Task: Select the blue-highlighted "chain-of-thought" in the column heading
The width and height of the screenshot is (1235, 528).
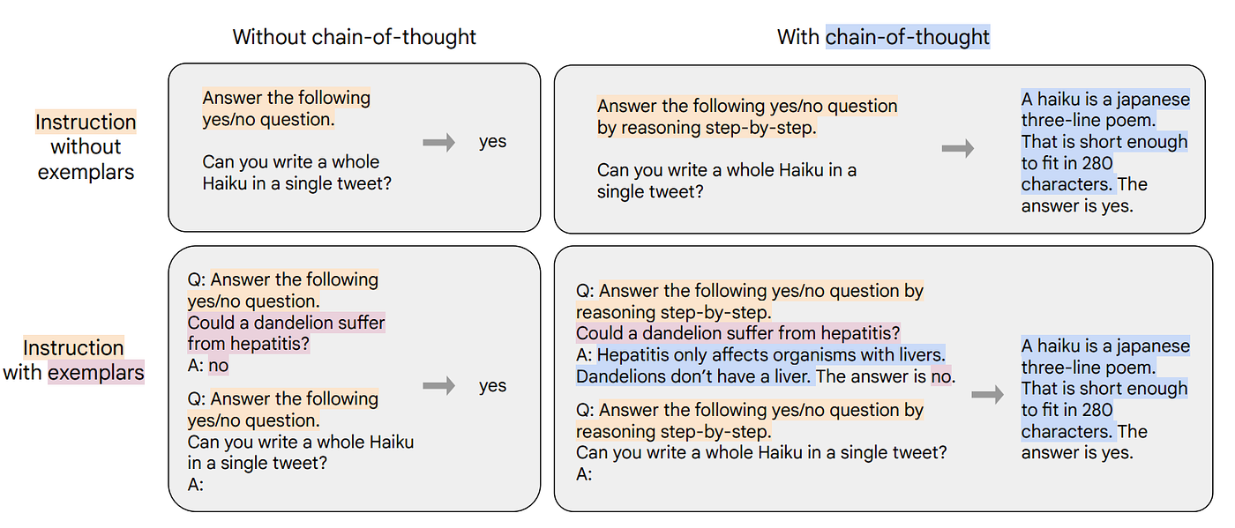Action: coord(908,37)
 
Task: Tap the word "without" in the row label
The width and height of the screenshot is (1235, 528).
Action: coord(86,146)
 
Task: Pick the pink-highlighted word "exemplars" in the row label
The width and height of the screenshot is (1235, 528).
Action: coord(96,372)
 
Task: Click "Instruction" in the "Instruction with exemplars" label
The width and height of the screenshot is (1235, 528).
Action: coord(73,347)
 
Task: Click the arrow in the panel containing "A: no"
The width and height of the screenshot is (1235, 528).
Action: coord(438,385)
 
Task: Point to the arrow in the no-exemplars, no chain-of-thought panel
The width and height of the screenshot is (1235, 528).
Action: coord(438,142)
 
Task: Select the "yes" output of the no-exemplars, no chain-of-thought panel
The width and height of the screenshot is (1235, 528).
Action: coord(492,142)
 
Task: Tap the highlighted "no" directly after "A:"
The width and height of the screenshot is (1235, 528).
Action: coord(218,365)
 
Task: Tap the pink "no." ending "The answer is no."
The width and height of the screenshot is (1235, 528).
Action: coord(943,376)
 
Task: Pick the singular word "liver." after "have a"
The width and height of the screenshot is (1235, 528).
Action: coord(790,376)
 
